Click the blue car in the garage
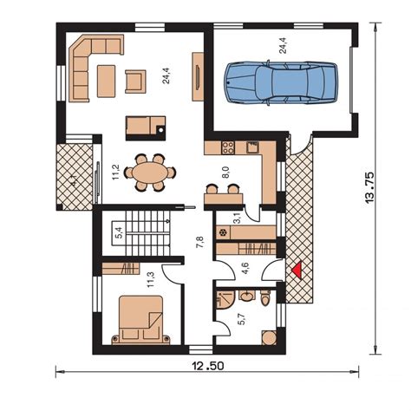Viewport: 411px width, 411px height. pyautogui.click(x=281, y=82)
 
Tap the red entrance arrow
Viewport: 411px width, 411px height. pyautogui.click(x=297, y=271)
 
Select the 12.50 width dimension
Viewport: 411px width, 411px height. pyautogui.click(x=208, y=366)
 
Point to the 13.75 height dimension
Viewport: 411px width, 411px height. pyautogui.click(x=369, y=188)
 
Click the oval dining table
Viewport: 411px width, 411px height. pyautogui.click(x=150, y=173)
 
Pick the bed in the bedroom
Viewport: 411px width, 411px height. pyautogui.click(x=141, y=320)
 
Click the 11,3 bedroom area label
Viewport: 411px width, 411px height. pyautogui.click(x=151, y=280)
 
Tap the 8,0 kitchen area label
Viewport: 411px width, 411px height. pyautogui.click(x=225, y=172)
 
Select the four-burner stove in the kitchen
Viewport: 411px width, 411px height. pyautogui.click(x=228, y=147)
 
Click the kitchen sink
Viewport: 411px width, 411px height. pyautogui.click(x=252, y=147)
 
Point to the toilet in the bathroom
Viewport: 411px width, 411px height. pyautogui.click(x=264, y=298)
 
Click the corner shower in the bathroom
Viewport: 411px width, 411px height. pyautogui.click(x=225, y=299)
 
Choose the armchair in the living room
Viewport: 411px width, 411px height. pyautogui.click(x=135, y=82)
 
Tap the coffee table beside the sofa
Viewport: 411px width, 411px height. pyautogui.click(x=107, y=81)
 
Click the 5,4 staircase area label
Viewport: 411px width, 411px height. pyautogui.click(x=119, y=232)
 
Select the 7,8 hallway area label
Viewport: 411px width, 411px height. pyautogui.click(x=200, y=242)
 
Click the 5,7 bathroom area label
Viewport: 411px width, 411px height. pyautogui.click(x=242, y=319)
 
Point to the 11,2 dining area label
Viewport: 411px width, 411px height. pyautogui.click(x=116, y=173)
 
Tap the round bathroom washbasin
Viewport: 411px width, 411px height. pyautogui.click(x=247, y=296)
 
